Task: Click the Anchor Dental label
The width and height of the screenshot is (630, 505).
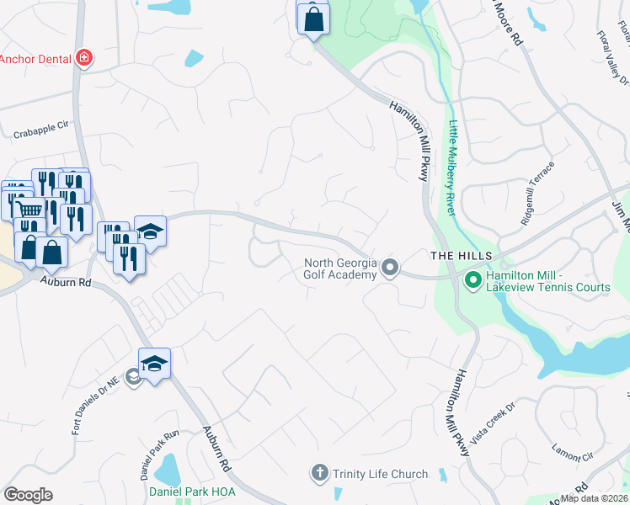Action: [x=35, y=59]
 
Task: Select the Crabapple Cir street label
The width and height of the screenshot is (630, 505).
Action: [x=41, y=130]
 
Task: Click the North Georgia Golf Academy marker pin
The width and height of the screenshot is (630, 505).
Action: [x=389, y=268]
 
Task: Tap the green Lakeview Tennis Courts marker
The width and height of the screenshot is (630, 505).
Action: [x=472, y=279]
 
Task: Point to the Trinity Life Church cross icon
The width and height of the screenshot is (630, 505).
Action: [x=319, y=473]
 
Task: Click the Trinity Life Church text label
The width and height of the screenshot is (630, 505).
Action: [x=380, y=475]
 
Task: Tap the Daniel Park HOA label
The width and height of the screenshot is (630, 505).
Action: [x=192, y=491]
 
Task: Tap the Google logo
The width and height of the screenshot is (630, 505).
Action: [x=28, y=495]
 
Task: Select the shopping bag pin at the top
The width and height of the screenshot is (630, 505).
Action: [x=313, y=19]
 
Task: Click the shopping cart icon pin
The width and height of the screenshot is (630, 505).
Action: [x=29, y=209]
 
